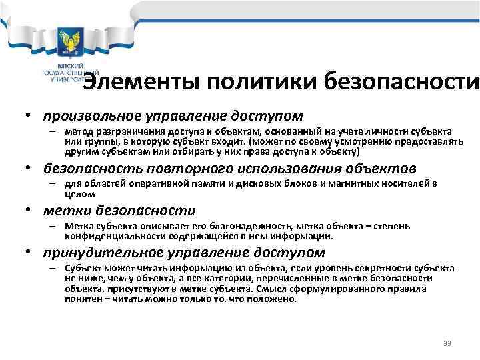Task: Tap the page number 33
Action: click(447, 343)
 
